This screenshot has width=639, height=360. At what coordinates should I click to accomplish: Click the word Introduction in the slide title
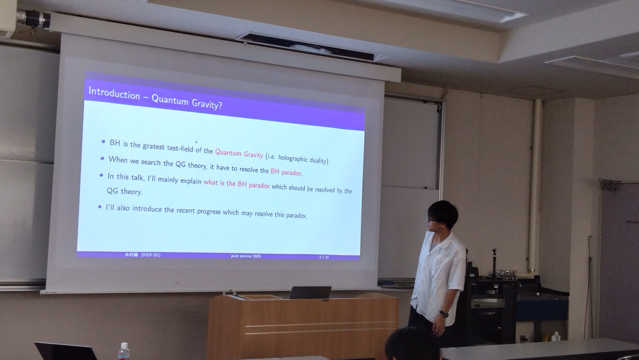[114, 93]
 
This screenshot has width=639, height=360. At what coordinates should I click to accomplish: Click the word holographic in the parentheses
[293, 158]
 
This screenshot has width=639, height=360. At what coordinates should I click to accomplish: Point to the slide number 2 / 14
[324, 257]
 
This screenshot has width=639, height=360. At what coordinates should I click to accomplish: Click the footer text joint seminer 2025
[246, 256]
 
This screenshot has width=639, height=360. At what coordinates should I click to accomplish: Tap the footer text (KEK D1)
[151, 255]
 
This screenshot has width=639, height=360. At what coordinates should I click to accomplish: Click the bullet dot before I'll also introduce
[100, 207]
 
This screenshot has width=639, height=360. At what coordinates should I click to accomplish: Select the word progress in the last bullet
[209, 211]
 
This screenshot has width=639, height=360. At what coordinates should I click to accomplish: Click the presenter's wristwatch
[444, 314]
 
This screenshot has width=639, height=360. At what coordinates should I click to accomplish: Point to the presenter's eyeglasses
[432, 219]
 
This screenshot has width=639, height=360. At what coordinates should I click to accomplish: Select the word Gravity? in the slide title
[207, 104]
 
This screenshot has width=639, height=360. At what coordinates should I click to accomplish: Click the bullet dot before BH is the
[103, 142]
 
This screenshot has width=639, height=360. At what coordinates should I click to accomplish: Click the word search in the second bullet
[150, 162]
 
